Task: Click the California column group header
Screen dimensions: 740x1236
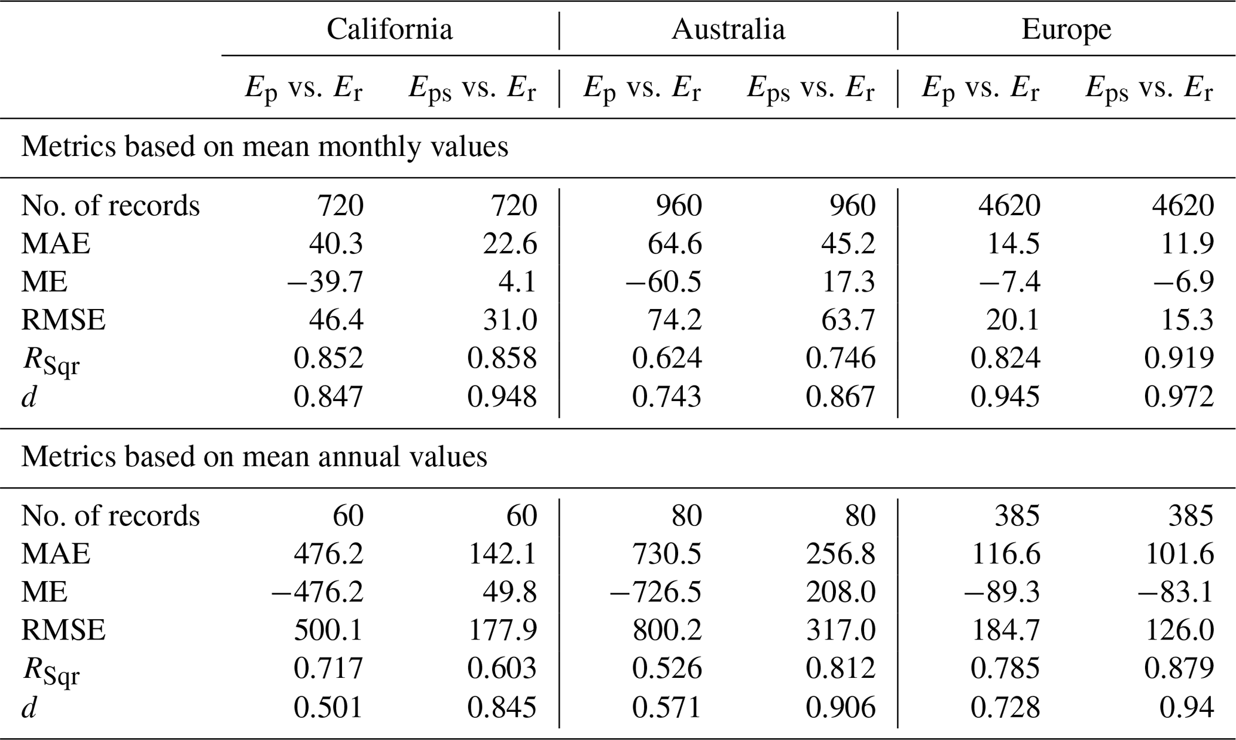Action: (389, 29)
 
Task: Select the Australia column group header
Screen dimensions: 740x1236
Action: (728, 29)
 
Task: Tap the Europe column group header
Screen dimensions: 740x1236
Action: (1066, 29)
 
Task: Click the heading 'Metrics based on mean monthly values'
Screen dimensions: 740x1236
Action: (264, 147)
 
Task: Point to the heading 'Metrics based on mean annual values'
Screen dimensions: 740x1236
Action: (254, 457)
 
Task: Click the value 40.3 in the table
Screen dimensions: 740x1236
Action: (336, 244)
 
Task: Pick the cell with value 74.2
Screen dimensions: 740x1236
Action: (675, 320)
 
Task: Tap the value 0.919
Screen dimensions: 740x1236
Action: (1179, 359)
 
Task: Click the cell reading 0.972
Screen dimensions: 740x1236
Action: (1179, 397)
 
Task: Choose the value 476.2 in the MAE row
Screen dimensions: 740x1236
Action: (328, 554)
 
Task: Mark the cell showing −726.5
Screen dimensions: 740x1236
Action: (655, 592)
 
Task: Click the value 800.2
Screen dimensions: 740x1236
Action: (667, 631)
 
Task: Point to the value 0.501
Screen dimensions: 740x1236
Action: (328, 708)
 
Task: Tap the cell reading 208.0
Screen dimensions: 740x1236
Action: (840, 592)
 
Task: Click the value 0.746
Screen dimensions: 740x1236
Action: (840, 359)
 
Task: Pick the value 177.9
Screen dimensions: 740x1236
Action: (502, 631)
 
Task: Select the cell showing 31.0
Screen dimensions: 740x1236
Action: (510, 320)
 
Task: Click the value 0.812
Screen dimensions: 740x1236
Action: (840, 669)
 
